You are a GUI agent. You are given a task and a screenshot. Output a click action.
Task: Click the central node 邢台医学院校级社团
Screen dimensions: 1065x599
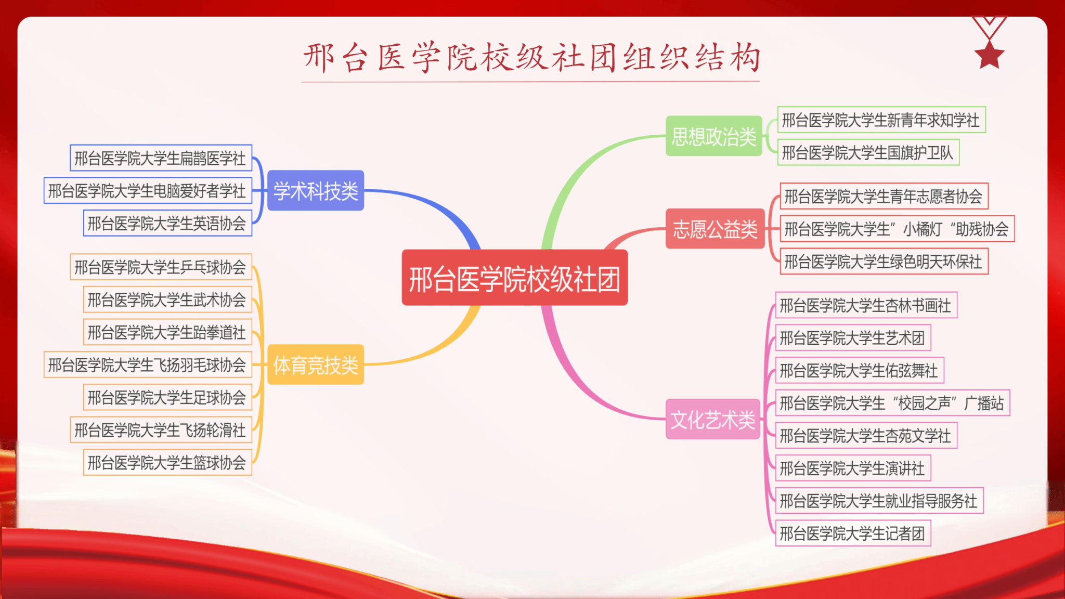[x=515, y=278]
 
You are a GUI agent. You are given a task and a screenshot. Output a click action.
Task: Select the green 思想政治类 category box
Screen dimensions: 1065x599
[x=714, y=136]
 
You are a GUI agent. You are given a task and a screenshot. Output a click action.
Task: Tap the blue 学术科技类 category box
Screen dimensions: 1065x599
[x=316, y=190]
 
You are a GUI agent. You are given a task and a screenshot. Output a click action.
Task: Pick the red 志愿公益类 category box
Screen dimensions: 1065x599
[x=715, y=229]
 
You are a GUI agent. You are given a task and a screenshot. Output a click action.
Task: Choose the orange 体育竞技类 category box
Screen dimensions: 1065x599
[x=316, y=364]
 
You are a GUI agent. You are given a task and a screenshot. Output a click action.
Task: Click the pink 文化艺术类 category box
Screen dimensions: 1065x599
[x=713, y=419]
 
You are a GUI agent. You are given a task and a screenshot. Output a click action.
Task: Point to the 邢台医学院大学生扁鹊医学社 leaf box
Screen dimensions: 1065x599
[x=161, y=158]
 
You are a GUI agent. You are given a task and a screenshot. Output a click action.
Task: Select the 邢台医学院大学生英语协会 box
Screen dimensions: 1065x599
[x=168, y=223]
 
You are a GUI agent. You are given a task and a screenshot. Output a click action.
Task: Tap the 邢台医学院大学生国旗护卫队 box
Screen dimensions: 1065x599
[x=868, y=152]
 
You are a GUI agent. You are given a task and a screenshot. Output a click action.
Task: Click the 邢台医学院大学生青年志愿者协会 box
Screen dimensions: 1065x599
[x=884, y=196]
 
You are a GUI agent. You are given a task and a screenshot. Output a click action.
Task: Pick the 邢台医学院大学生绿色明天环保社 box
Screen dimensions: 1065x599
[x=884, y=261]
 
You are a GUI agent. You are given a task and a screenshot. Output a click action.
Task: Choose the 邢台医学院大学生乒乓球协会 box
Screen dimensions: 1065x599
[x=161, y=267]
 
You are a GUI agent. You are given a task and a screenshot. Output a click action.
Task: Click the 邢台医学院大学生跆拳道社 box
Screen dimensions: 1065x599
[x=168, y=332]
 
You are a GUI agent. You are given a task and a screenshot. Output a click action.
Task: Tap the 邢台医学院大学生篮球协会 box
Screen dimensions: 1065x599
[x=168, y=462]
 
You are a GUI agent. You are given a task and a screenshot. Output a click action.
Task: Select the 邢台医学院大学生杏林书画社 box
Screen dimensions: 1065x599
[x=866, y=305]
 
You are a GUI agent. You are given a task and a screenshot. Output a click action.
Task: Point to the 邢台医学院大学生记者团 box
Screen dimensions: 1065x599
[x=853, y=533]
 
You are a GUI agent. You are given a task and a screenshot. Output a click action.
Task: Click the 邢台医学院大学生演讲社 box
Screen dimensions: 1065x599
[x=853, y=468]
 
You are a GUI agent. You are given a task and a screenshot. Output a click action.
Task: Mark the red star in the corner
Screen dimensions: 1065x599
[x=989, y=55]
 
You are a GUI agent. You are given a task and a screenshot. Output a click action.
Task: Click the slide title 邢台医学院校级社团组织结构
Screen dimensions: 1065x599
[x=531, y=57]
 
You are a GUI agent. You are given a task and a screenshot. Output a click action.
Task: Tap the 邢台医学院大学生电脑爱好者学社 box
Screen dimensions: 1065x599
[x=148, y=190]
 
